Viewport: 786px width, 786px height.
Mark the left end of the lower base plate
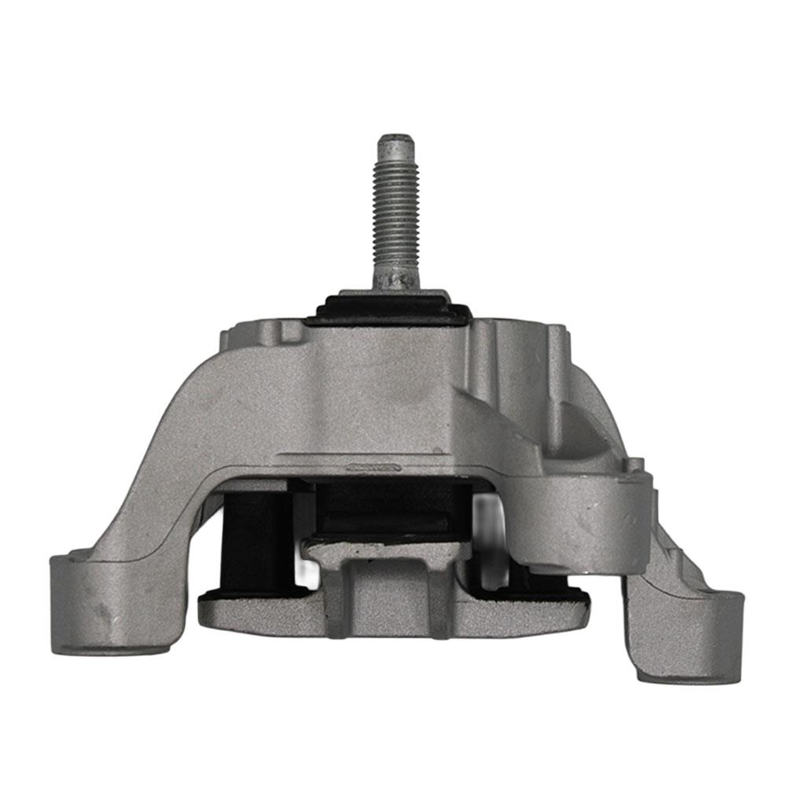216,613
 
